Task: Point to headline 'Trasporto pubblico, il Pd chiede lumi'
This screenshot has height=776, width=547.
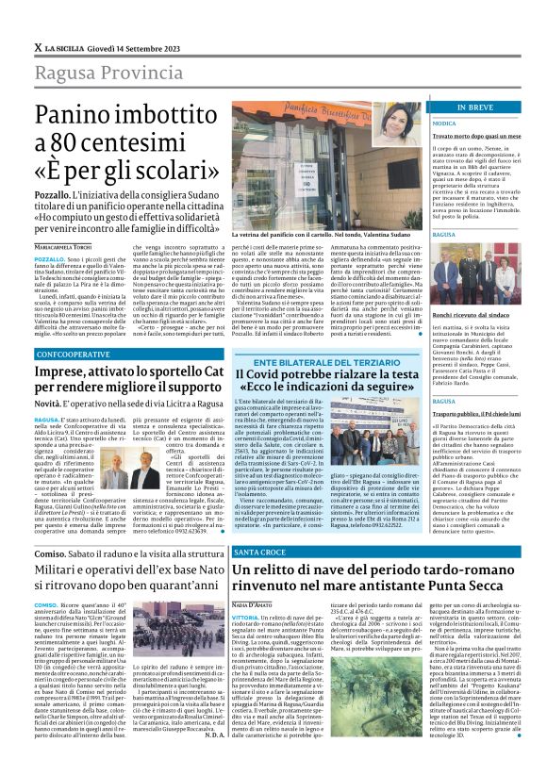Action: coord(488,412)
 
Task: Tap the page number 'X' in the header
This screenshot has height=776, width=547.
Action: coord(38,46)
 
